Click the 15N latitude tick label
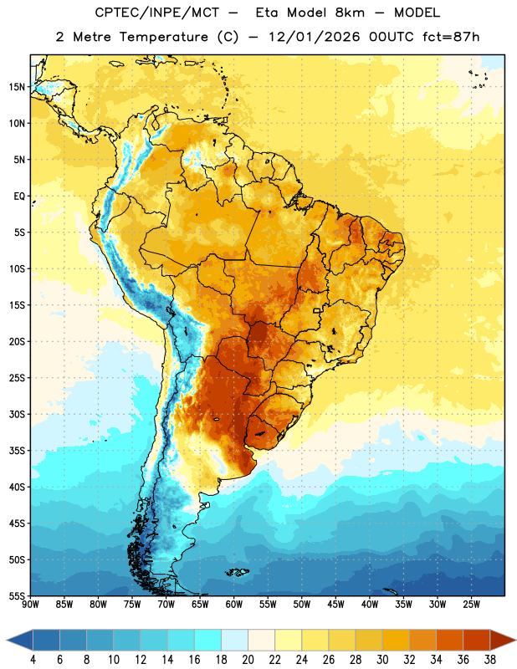[17, 87]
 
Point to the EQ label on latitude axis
[19, 197]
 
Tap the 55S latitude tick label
[17, 595]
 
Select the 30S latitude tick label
[17, 414]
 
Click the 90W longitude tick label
[30, 605]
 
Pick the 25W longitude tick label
[471, 605]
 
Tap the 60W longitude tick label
[234, 605]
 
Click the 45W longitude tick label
[335, 605]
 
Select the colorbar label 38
[490, 660]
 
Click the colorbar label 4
[33, 660]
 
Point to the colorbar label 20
[248, 660]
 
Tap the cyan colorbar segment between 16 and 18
[208, 641]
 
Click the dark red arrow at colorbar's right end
[502, 641]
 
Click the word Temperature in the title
[163, 37]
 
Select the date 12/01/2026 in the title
[314, 37]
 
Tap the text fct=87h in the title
[451, 37]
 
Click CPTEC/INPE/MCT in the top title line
[157, 13]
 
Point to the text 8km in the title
[350, 13]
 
